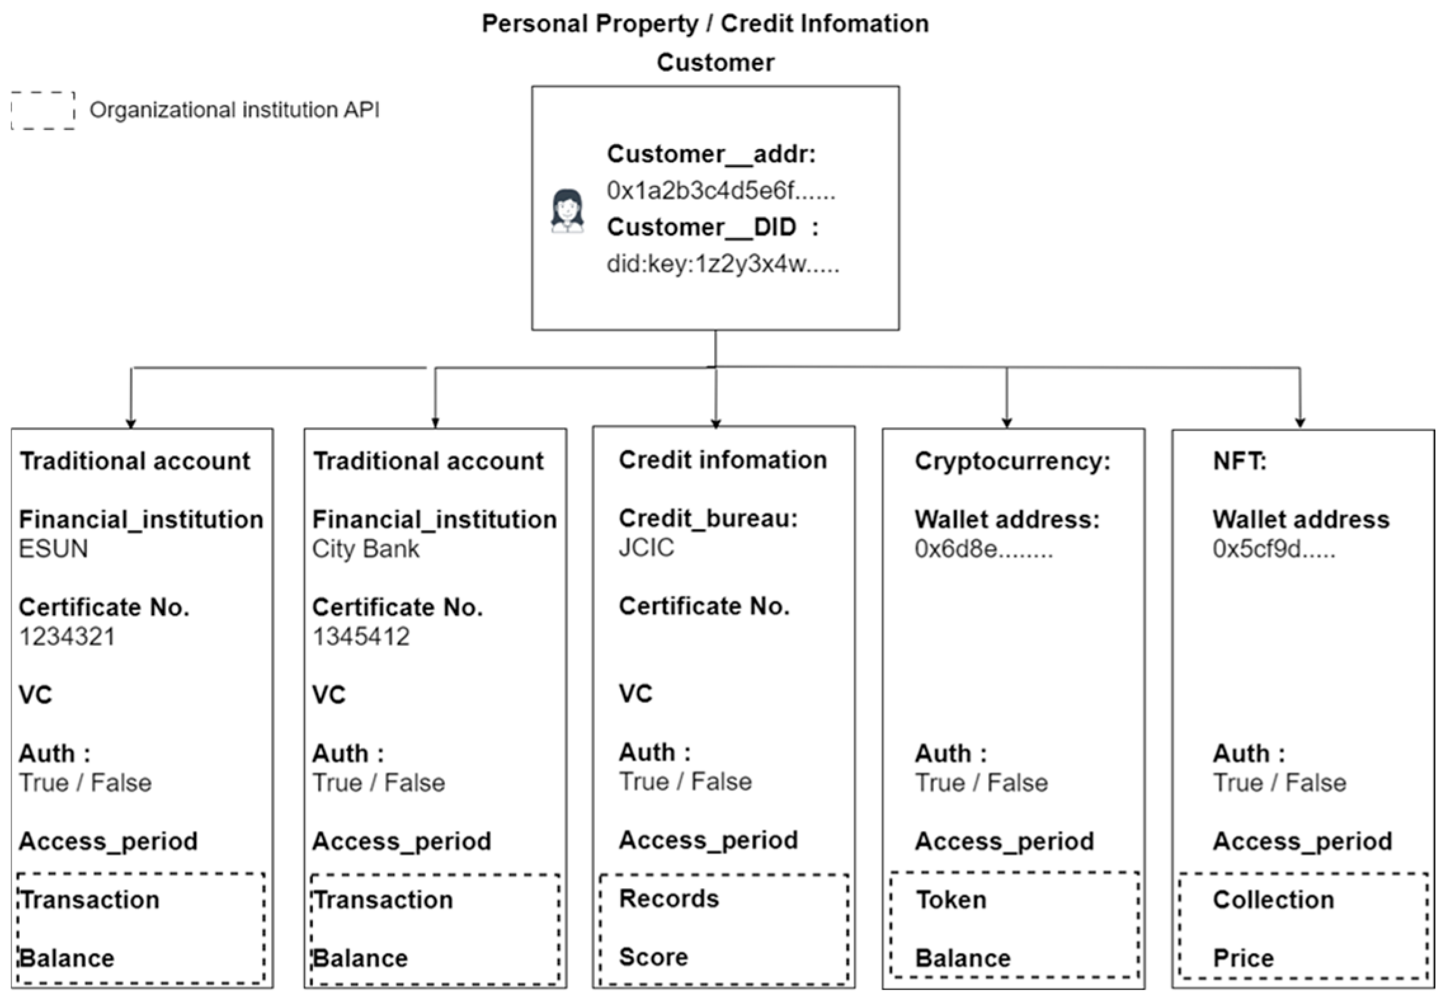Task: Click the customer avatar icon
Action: click(x=567, y=211)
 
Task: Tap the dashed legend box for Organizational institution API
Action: click(x=43, y=110)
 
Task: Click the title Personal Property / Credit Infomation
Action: click(x=705, y=23)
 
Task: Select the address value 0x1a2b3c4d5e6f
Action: click(x=720, y=190)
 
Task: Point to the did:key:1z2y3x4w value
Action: click(x=722, y=263)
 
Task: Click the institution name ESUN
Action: click(x=53, y=548)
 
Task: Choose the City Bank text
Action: click(x=366, y=548)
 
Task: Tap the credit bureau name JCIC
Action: click(x=646, y=547)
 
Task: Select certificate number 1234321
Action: click(x=67, y=636)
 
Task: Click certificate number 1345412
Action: click(x=361, y=636)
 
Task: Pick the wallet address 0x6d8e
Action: click(x=983, y=548)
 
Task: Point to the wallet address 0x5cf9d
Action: click(x=1273, y=548)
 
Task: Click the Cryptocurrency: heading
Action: click(x=1012, y=461)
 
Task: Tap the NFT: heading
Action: click(x=1239, y=461)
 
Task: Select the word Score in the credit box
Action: click(x=653, y=957)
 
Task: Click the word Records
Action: click(x=669, y=898)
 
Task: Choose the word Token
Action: click(x=951, y=899)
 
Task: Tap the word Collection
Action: click(x=1273, y=899)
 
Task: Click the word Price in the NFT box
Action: click(x=1243, y=958)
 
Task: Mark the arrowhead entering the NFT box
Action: click(x=1300, y=423)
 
